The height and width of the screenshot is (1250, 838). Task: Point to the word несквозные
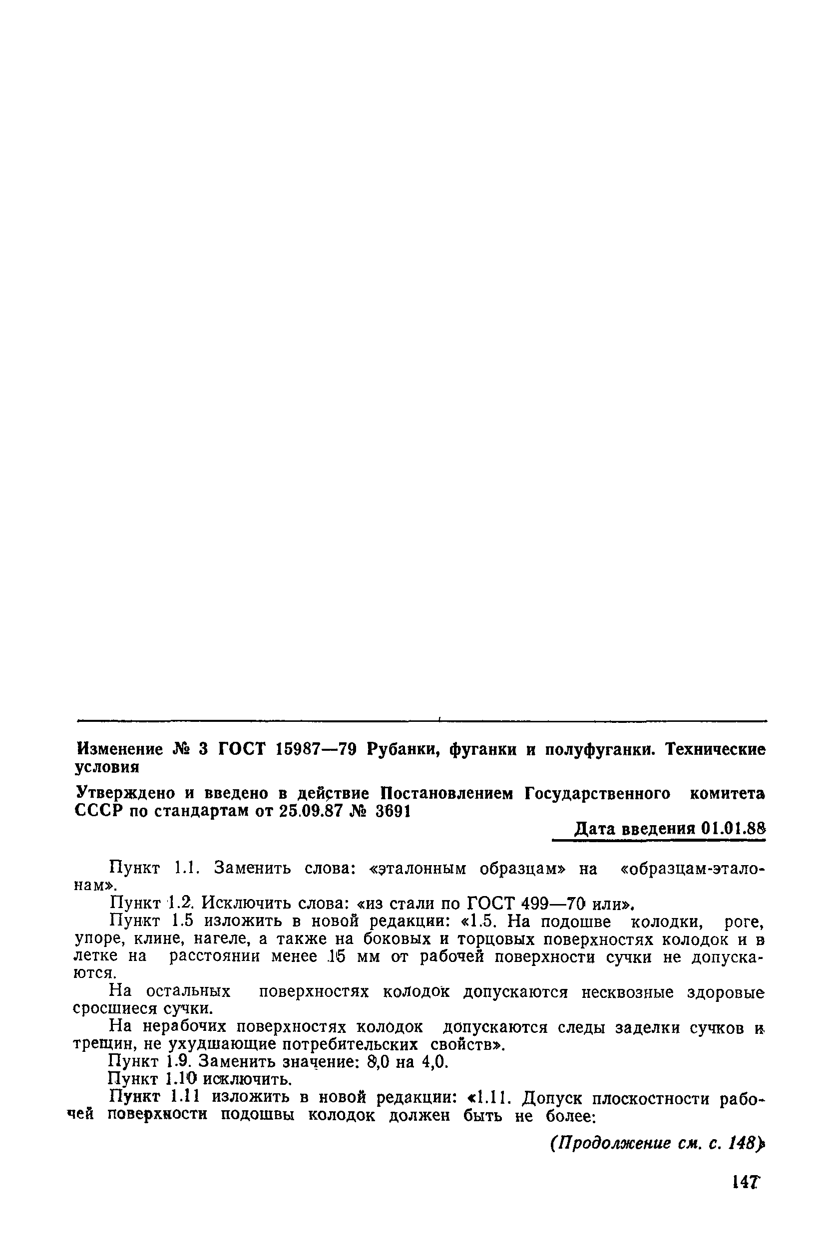(x=628, y=992)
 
